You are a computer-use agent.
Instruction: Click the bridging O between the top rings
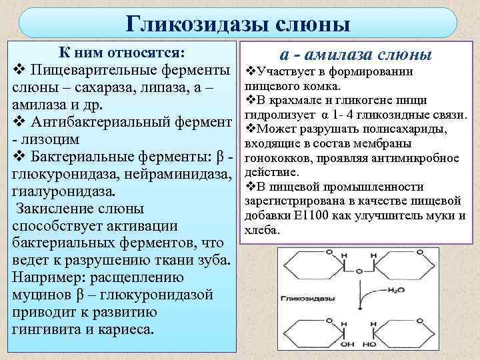click(x=359, y=271)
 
